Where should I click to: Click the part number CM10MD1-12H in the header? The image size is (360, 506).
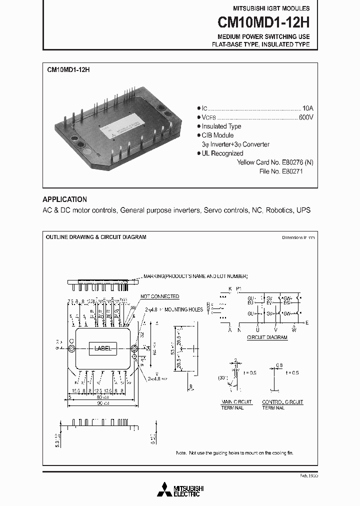pos(263,22)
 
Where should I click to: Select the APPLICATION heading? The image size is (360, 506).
pos(64,199)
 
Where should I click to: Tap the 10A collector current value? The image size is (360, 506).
pos(307,108)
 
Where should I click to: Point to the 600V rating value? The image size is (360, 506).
pos(306,117)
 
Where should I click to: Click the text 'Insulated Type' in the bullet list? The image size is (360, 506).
pos(221,126)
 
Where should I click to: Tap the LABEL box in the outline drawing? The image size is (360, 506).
pos(102,348)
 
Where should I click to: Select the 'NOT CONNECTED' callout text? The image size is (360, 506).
pos(159,296)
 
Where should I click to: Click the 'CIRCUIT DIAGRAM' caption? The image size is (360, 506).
pos(267,337)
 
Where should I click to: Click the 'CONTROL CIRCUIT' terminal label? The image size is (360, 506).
pos(282,402)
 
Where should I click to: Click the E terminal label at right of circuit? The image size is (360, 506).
pos(307,323)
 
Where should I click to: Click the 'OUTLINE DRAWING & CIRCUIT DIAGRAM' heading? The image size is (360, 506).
pos(96,237)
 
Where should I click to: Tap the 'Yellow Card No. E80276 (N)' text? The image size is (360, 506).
pos(275,162)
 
